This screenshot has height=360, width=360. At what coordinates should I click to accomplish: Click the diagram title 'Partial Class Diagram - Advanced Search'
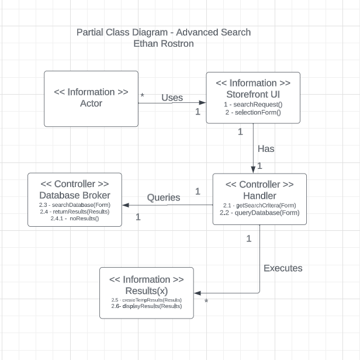(163, 32)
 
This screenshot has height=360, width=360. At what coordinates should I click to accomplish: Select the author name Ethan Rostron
(163, 43)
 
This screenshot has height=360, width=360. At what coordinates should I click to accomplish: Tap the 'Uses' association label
(172, 98)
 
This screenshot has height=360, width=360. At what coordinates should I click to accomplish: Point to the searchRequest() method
(253, 104)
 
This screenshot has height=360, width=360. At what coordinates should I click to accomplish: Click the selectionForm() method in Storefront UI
(253, 112)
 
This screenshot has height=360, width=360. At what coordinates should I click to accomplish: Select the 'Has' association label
(266, 148)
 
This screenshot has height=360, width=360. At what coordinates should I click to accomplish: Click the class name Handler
(259, 196)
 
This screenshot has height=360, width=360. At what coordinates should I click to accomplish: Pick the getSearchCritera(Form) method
(259, 205)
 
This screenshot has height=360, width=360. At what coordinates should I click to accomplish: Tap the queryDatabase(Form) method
(259, 213)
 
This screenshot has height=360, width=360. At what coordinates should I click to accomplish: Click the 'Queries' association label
(164, 198)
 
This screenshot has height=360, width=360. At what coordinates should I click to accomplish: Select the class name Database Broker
(75, 195)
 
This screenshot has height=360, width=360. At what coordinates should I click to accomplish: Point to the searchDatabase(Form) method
(75, 205)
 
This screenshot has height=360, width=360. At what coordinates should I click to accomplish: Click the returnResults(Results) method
(75, 212)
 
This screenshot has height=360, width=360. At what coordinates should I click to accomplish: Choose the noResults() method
(75, 219)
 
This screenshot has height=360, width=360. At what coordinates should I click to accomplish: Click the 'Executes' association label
(283, 268)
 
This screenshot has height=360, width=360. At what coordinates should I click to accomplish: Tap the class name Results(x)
(146, 290)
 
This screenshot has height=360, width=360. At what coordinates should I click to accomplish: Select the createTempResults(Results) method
(146, 300)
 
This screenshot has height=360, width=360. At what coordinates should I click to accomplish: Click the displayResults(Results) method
(146, 306)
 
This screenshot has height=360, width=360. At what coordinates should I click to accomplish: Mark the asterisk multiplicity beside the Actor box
(142, 95)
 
